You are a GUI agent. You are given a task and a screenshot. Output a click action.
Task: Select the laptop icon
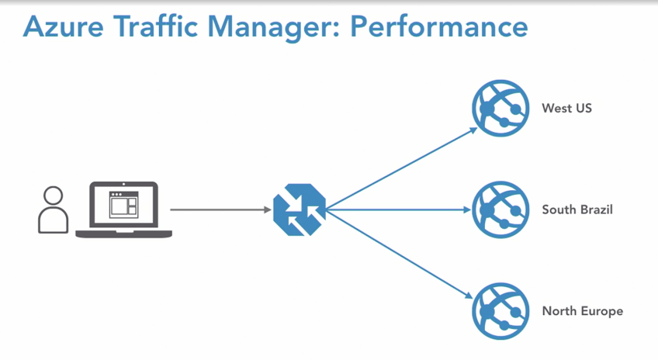123,209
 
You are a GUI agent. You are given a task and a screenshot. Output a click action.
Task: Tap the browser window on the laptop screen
123,204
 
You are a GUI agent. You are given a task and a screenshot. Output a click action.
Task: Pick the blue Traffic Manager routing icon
300,209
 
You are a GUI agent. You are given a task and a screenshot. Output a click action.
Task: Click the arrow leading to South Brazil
400,209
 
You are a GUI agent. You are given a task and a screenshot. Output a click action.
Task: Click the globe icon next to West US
500,109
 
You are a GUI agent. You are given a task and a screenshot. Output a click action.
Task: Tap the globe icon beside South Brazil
500,209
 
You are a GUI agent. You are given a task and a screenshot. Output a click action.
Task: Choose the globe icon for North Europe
500,311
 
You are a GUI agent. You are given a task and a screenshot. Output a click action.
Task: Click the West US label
566,109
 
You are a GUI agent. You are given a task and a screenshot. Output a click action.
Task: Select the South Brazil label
577,209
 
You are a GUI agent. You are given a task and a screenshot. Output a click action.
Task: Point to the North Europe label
582,311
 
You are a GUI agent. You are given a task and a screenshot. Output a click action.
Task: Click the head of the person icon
53,195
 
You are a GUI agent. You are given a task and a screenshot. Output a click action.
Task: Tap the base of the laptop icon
123,233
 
